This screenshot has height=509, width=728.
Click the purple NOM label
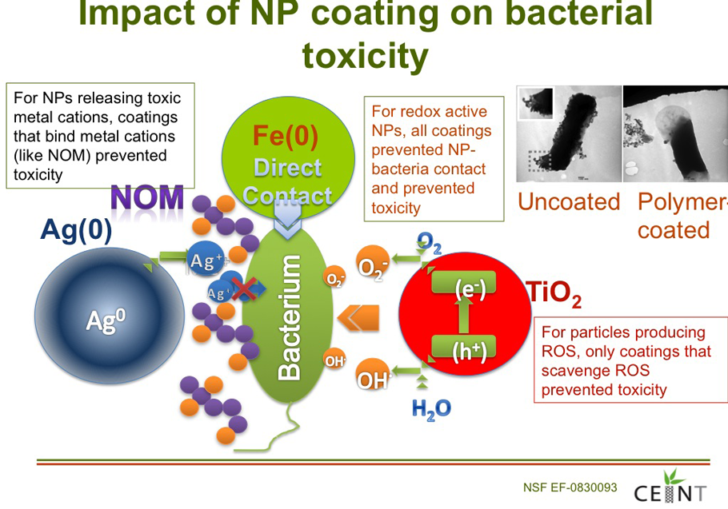(x=147, y=198)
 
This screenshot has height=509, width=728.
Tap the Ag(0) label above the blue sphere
(x=76, y=230)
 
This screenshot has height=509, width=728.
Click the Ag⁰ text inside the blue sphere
(x=106, y=320)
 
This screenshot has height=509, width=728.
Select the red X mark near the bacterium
(x=244, y=289)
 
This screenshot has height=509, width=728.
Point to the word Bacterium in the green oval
(x=289, y=317)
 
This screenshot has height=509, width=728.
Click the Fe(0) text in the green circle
(x=286, y=137)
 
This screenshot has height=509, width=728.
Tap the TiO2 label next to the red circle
(x=554, y=295)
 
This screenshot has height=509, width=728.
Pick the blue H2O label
(x=431, y=409)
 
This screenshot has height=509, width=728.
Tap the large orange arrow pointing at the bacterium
(x=358, y=318)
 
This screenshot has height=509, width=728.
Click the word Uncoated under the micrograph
(x=569, y=201)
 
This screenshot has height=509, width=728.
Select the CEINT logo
(x=670, y=487)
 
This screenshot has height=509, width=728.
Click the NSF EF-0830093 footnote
(x=570, y=487)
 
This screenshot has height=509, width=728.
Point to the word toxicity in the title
(x=366, y=56)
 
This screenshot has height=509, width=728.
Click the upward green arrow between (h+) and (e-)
(x=463, y=315)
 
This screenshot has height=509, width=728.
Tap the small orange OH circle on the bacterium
(x=334, y=360)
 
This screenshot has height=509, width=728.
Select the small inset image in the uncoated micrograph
(x=535, y=102)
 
